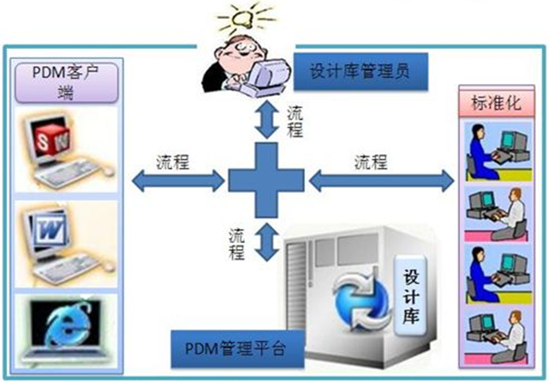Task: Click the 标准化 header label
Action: [x=495, y=104]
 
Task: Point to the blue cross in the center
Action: [x=266, y=181]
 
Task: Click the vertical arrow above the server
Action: [x=269, y=242]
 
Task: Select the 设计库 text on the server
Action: [x=408, y=292]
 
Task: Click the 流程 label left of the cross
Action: [x=173, y=161]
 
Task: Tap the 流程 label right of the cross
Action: [x=371, y=161]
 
